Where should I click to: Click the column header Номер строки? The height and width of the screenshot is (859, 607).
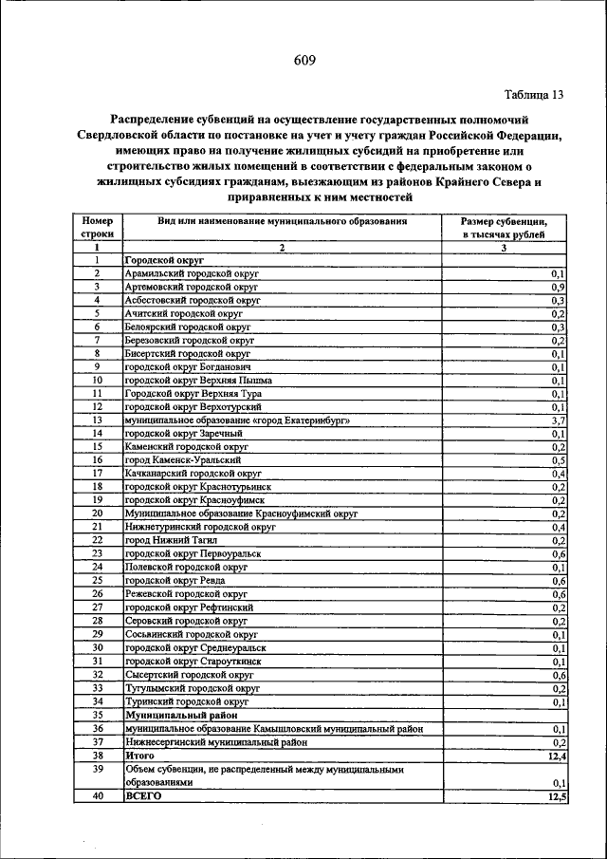point(97,226)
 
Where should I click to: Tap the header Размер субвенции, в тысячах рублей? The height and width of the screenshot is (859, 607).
point(504,226)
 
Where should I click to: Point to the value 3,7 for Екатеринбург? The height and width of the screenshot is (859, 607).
point(558,420)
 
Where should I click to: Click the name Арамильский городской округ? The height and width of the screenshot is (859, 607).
point(192,273)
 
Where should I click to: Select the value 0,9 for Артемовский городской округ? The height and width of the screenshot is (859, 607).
point(558,287)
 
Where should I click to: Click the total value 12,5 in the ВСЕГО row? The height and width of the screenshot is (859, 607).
point(555,797)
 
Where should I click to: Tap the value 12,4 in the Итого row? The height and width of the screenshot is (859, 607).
point(555,756)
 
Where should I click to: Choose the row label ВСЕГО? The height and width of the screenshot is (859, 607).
point(144,797)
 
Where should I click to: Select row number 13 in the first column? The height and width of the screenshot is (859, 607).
point(97,420)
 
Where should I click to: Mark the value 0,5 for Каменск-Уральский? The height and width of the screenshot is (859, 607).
point(558,459)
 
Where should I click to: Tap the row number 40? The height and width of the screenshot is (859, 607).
point(97,797)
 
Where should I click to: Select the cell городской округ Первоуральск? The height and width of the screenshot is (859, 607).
point(193,552)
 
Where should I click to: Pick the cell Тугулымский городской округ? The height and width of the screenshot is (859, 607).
point(193,688)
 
